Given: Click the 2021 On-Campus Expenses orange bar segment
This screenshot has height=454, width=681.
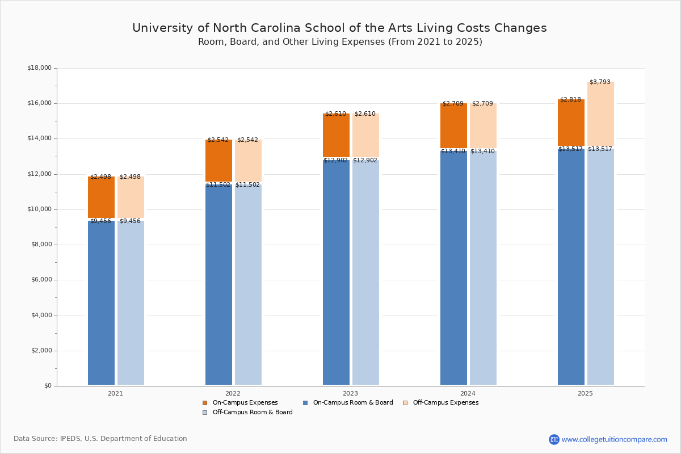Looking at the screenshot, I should pos(101,197).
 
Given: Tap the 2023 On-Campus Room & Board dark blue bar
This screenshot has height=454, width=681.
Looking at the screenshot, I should pos(336,272).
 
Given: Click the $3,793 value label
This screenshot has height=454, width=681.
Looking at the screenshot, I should pos(600,82).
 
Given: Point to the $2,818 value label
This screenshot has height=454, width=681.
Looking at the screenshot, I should pos(570,100).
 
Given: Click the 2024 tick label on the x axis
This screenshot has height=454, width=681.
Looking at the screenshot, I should pos(468,393).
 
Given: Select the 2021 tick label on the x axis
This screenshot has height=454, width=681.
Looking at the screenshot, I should pos(115,393).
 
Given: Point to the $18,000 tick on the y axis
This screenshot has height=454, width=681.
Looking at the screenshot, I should pos(39,68).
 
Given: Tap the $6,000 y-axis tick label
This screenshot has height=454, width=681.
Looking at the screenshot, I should pos(41,280).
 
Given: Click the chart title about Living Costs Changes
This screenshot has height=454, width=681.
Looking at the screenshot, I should pos(339,28).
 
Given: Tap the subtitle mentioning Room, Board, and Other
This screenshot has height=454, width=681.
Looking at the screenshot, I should pos(340,42).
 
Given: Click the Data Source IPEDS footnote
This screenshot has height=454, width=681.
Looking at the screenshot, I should pos(100,439).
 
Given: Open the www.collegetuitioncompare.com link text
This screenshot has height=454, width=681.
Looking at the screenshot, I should pos(614,439).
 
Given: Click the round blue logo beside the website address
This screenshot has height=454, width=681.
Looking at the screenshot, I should pos(554,439).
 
